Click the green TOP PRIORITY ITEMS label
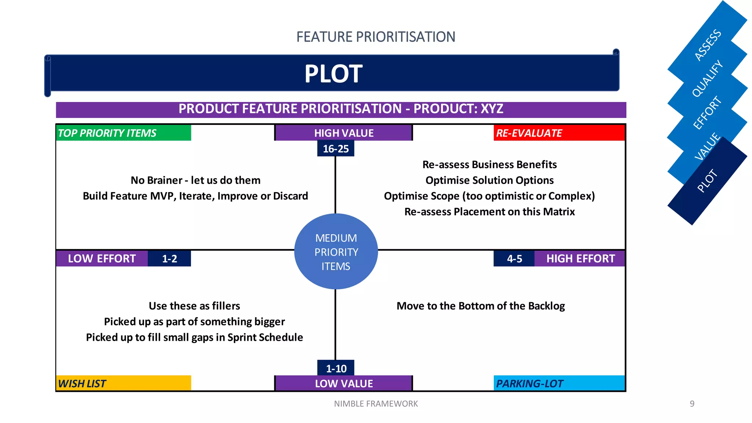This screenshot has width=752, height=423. point(123,133)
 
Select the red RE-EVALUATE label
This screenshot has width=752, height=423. point(559,133)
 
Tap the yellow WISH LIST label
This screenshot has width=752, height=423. point(123,383)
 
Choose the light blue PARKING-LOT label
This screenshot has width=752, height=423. point(559,383)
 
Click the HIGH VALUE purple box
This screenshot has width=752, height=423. point(344,133)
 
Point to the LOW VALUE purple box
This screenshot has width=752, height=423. point(344,383)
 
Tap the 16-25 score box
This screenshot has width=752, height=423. point(336,149)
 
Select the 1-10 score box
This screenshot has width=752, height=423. point(336,368)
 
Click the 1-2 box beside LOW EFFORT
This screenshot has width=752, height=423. point(169,258)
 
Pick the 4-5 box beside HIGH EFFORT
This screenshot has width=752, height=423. point(514,258)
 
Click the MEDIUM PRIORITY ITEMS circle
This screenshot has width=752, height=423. point(336,252)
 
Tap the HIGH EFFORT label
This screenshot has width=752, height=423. point(580,258)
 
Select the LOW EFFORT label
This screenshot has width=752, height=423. point(102,258)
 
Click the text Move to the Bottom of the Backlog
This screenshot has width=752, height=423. point(481,306)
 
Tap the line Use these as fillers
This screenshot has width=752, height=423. point(194,306)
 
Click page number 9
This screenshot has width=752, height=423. point(692,404)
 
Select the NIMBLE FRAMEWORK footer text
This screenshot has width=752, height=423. point(376,404)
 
